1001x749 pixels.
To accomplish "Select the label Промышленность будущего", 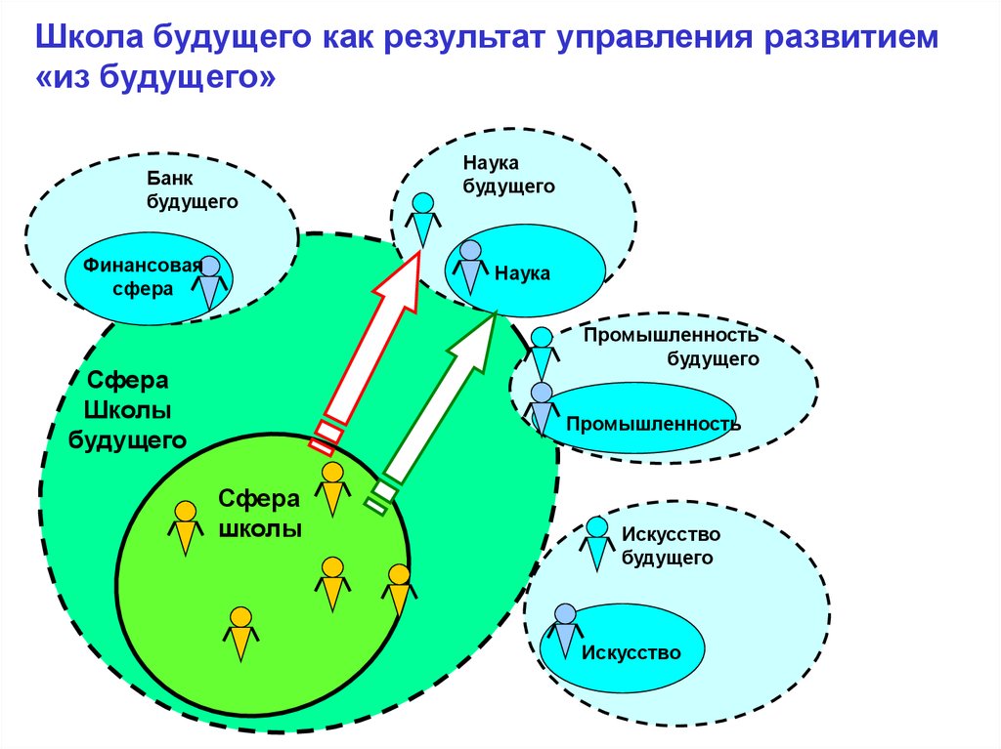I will click(x=672, y=347).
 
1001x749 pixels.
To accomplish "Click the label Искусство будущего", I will click(x=671, y=546).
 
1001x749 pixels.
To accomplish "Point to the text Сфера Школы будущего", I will click(x=127, y=408).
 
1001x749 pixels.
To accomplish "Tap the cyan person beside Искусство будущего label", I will click(x=597, y=542).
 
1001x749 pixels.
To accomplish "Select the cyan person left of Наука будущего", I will click(x=422, y=218).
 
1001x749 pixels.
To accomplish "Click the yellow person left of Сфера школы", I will click(x=186, y=527).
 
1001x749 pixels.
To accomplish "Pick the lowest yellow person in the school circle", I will click(x=240, y=634).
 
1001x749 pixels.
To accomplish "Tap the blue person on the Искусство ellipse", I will click(x=564, y=631).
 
